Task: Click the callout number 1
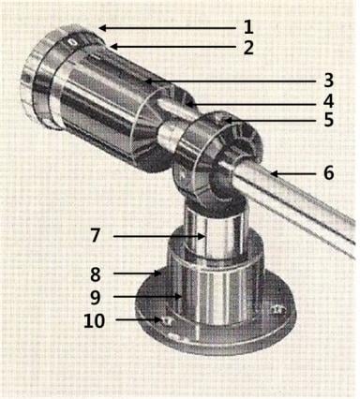[x=248, y=27]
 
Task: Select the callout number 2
[x=248, y=48]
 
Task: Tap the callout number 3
[x=328, y=80]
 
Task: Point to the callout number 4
[x=328, y=101]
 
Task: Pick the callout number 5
[x=328, y=120]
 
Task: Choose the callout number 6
[x=328, y=172]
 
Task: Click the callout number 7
[x=96, y=235]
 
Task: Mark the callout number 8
[x=96, y=274]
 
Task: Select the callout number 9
[x=96, y=297]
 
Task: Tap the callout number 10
[x=94, y=320]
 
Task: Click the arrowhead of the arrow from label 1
[x=102, y=28]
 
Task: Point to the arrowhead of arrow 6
[x=275, y=174]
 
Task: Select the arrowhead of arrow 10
[x=158, y=319]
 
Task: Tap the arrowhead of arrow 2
[x=113, y=47]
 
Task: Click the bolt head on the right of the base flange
[x=277, y=309]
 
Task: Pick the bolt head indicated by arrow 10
[x=167, y=320]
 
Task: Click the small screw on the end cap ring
[x=72, y=42]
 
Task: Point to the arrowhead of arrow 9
[x=178, y=296]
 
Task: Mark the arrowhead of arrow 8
[x=157, y=273]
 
